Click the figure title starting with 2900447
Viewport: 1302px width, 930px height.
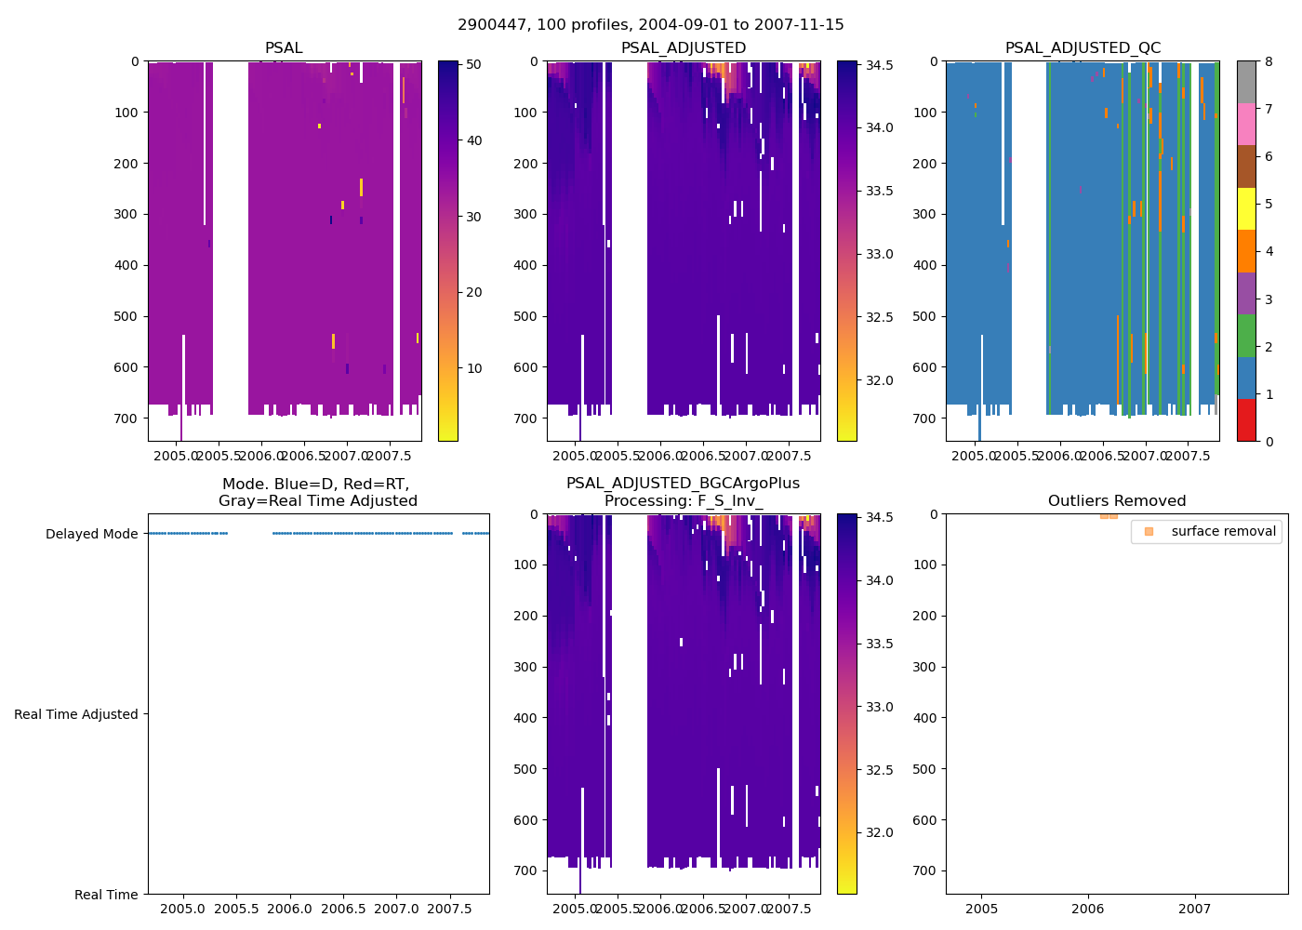point(651,25)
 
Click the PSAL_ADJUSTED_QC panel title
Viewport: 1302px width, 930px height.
point(1083,48)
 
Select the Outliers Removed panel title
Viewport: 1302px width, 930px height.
point(1116,501)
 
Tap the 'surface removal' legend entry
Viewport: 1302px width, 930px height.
point(1223,532)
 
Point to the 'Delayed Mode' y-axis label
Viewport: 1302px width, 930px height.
point(91,534)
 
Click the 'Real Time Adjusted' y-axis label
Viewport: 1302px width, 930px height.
point(75,714)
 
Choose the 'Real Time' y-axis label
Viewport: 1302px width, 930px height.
point(106,895)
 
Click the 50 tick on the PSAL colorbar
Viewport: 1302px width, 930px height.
point(473,65)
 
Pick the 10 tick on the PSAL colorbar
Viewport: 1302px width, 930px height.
point(473,368)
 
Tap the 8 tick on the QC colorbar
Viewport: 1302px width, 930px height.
point(1269,61)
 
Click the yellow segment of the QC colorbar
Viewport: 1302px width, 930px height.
point(1246,209)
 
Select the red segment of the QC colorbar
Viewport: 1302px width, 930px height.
point(1246,420)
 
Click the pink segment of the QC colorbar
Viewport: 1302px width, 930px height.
point(1246,125)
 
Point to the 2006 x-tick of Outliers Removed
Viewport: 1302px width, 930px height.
point(1088,909)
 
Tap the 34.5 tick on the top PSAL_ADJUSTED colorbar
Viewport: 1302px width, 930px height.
point(880,65)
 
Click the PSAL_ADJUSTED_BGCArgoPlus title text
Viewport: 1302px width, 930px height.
point(683,484)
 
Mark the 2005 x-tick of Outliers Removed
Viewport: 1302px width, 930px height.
point(981,909)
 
